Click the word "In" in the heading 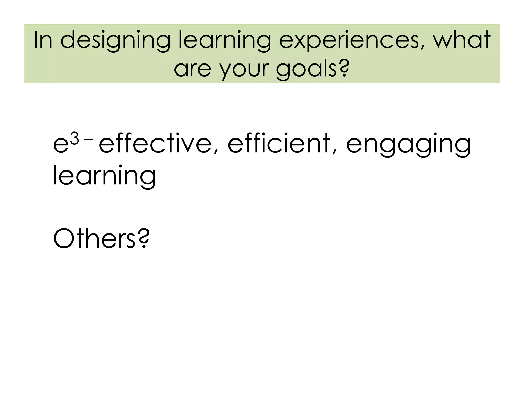(43, 40)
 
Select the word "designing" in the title (115, 41)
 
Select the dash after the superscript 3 (89, 139)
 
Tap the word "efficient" (279, 143)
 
